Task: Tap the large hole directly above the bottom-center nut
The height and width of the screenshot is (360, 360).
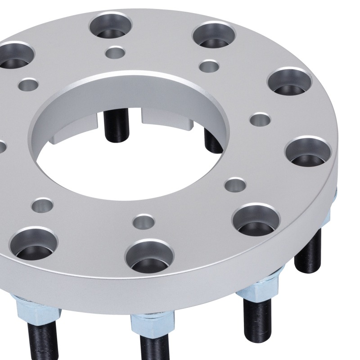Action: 149,255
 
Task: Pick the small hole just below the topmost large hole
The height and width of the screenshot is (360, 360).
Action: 115,53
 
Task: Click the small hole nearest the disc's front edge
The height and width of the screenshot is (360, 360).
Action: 143,221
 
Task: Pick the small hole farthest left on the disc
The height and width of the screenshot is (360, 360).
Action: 28,84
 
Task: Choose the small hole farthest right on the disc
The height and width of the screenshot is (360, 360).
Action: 260,120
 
